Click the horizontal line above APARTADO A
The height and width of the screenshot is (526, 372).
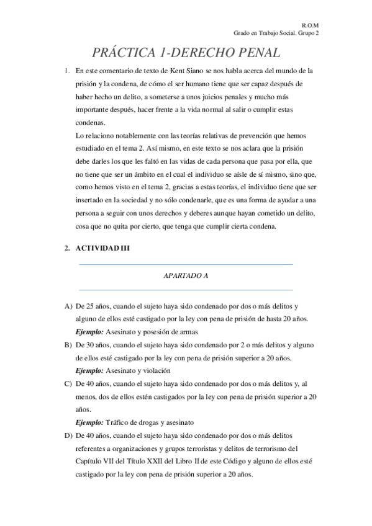[186, 265]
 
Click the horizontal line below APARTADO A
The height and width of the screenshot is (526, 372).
[186, 290]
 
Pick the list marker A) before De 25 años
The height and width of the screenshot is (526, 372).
[68, 306]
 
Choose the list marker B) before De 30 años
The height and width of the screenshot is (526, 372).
[68, 345]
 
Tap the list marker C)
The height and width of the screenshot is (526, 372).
[68, 383]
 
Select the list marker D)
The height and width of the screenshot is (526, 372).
[68, 435]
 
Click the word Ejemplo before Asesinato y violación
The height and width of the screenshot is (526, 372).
[89, 371]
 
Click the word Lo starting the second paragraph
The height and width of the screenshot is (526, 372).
[79, 135]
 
